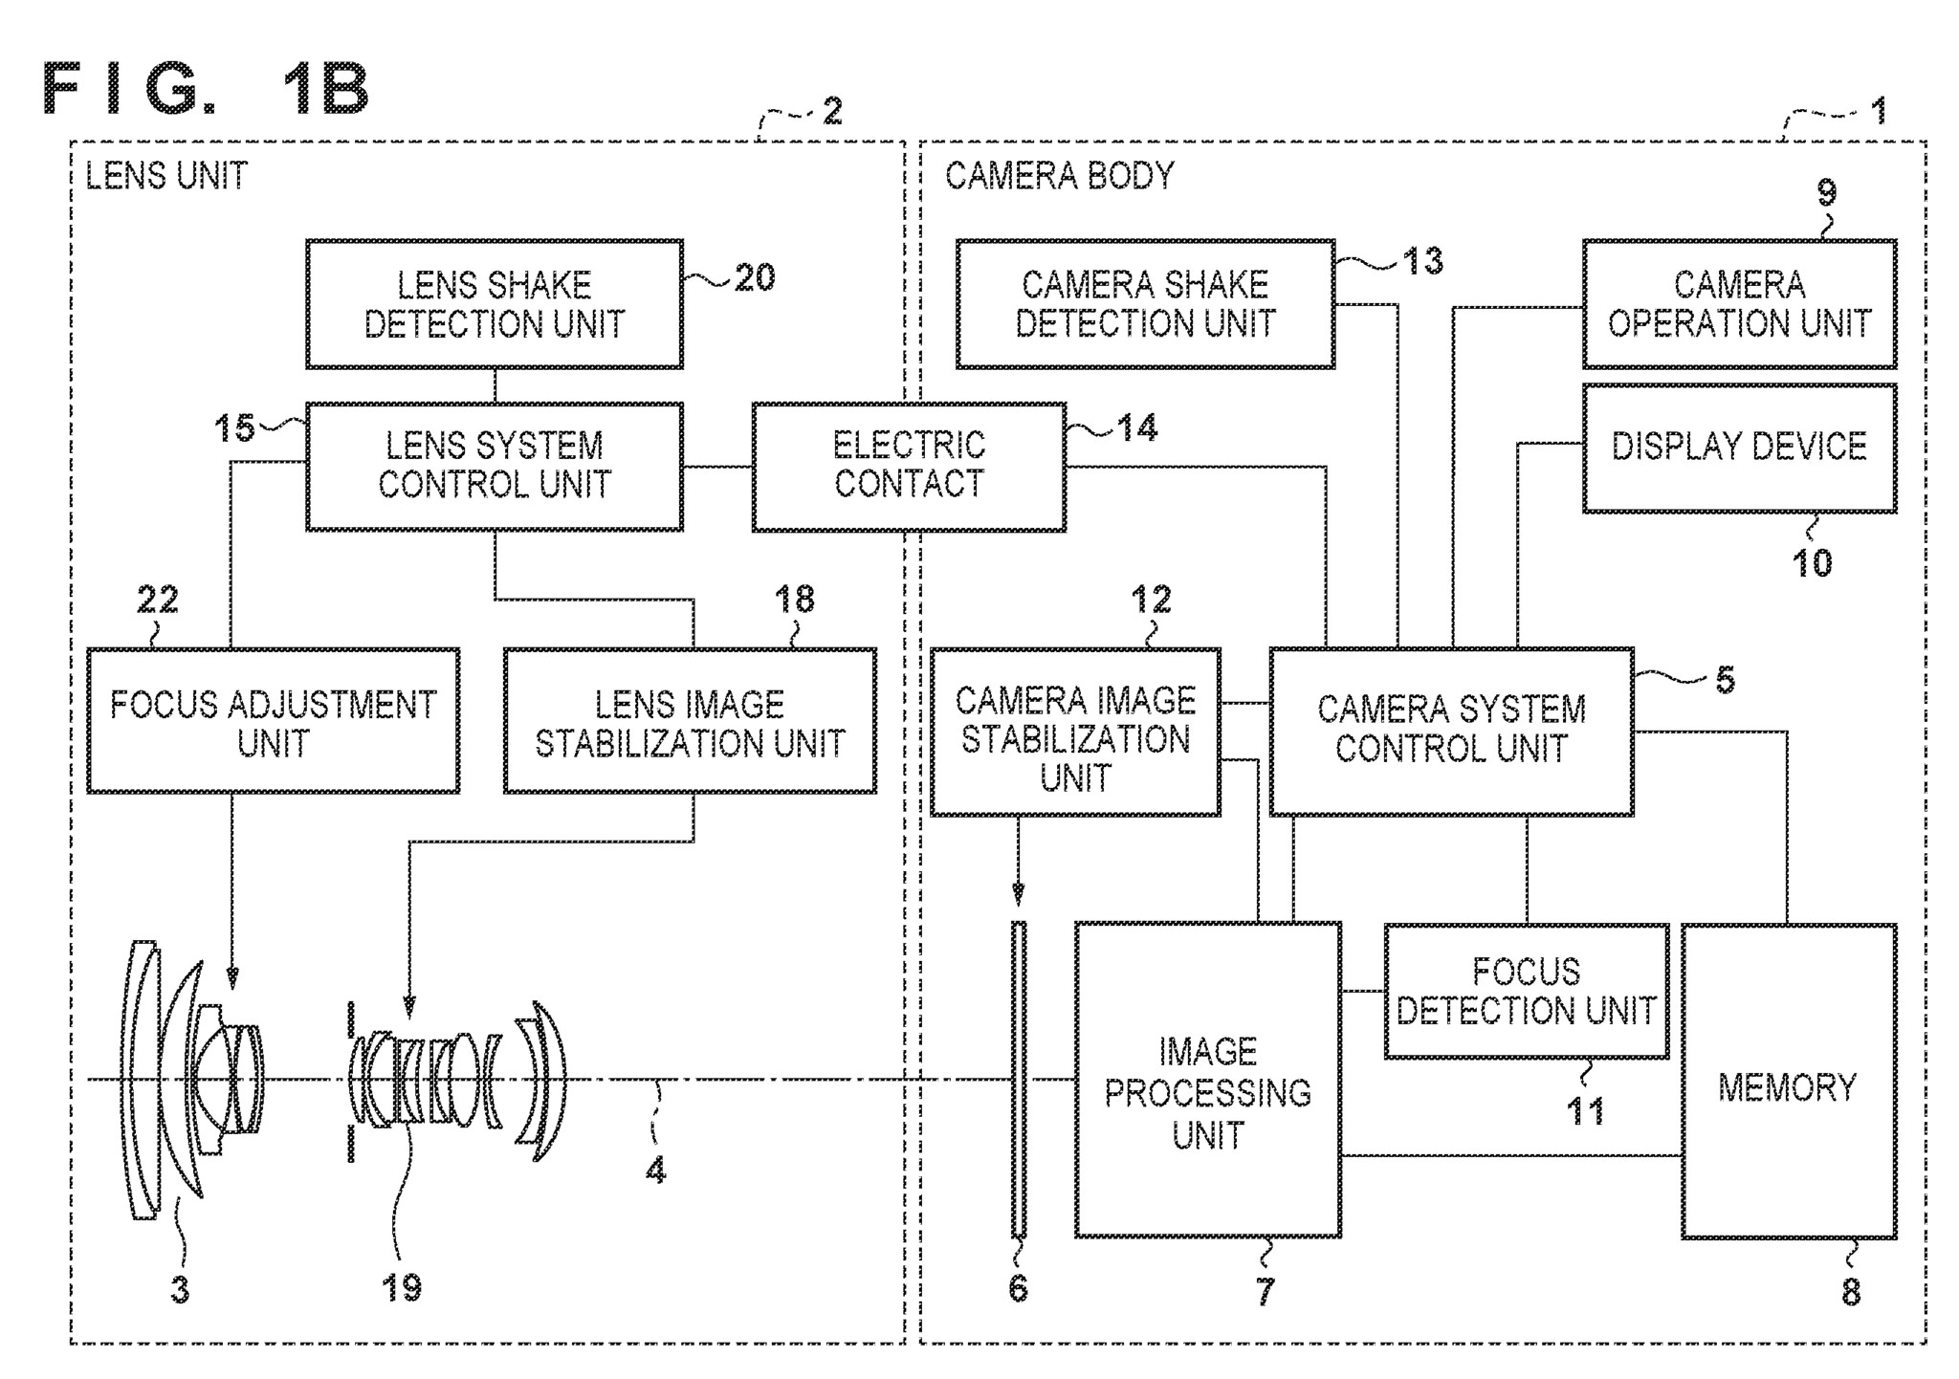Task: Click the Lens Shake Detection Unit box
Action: (494, 304)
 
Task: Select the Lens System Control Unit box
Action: (494, 466)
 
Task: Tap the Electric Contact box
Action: (908, 466)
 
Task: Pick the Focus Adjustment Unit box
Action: (273, 721)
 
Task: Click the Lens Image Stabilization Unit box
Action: (689, 721)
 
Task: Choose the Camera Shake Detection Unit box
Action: (1144, 304)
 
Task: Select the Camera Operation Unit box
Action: (1738, 304)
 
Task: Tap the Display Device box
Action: (1738, 448)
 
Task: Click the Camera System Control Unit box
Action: (1450, 731)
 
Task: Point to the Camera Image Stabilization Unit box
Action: (1074, 733)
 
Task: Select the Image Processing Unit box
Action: (1206, 1080)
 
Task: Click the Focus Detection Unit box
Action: (1526, 991)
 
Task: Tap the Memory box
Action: (1788, 1081)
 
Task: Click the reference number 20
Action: (755, 278)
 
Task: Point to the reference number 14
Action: (1136, 427)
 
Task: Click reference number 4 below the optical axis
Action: (655, 1170)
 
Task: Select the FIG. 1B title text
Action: (206, 90)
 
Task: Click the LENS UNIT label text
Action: (166, 176)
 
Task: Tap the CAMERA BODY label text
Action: (1059, 176)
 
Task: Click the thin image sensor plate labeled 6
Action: (1019, 1080)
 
